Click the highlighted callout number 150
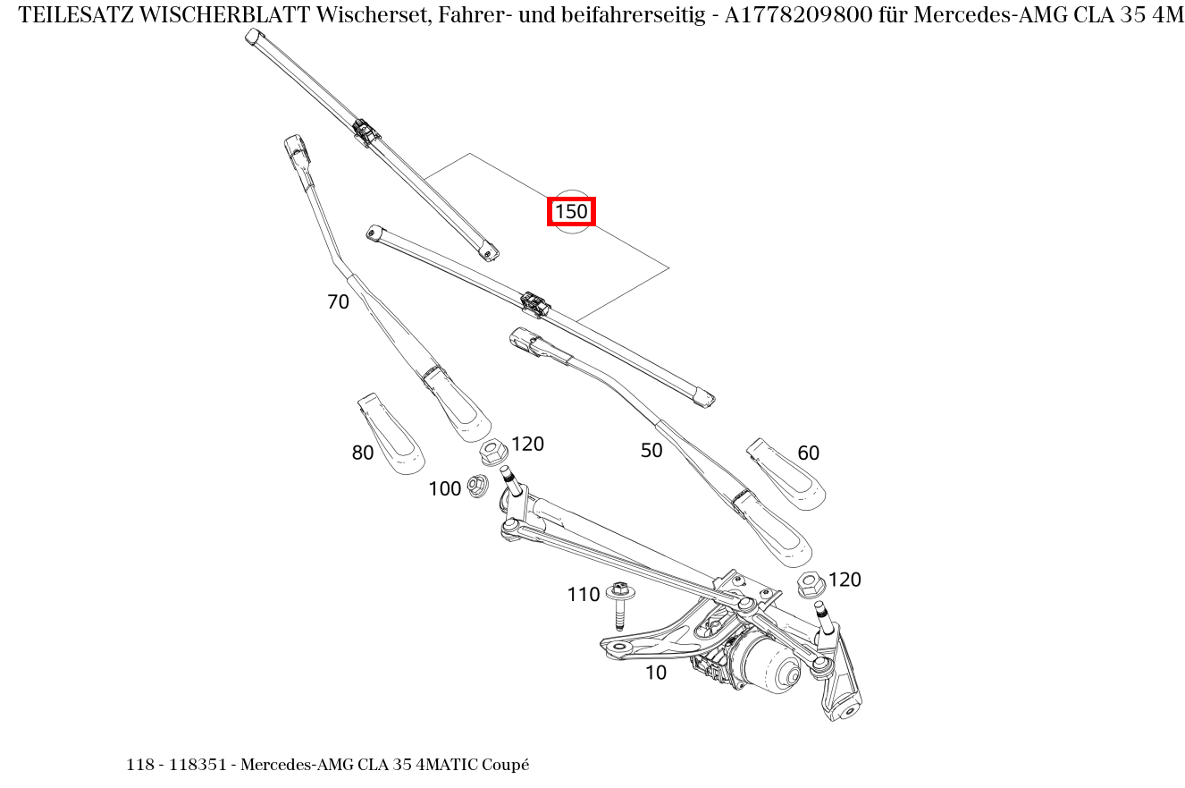tap(571, 212)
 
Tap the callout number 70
tap(338, 302)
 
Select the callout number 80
tap(362, 453)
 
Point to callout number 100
tap(444, 488)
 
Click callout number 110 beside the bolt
tap(583, 595)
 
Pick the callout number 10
tap(655, 673)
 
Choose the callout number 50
tap(651, 451)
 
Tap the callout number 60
tap(808, 453)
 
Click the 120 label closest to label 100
tap(527, 444)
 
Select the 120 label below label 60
tap(845, 580)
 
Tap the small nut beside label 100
tap(477, 486)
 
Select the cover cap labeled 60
tap(786, 475)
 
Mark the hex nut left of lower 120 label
tap(810, 584)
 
